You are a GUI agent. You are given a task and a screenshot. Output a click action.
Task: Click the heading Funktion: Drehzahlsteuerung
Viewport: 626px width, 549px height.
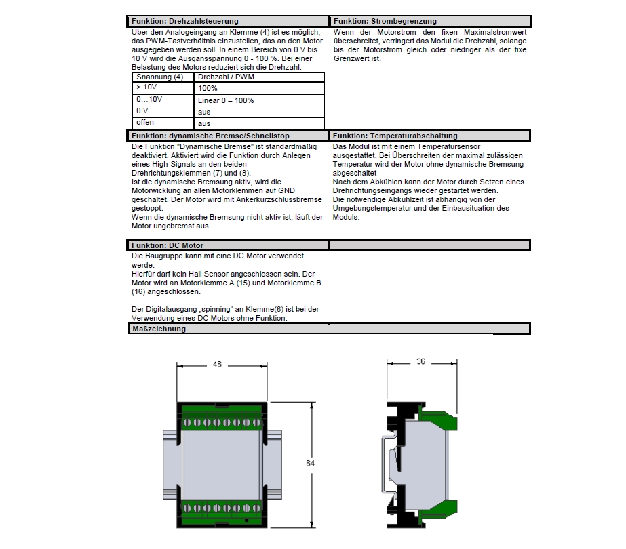pos(184,22)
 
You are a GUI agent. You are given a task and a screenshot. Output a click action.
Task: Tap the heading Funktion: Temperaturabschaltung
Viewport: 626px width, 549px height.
pos(395,136)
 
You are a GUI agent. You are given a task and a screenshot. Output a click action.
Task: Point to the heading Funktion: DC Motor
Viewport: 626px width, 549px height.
pos(167,245)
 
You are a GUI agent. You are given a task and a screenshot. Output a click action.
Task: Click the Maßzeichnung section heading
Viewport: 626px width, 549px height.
pos(158,329)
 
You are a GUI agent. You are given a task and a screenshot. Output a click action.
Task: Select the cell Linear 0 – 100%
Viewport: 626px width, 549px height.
pos(225,100)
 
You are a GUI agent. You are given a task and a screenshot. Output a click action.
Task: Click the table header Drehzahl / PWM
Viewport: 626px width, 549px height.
pos(220,77)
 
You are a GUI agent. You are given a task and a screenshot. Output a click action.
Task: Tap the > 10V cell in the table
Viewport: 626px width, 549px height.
pos(147,88)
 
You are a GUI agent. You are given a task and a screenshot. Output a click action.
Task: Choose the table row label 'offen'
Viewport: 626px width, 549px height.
pos(145,123)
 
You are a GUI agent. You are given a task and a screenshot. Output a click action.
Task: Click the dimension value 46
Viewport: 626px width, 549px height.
pos(217,365)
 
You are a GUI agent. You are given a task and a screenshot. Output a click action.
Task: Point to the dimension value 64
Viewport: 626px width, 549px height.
pos(311,464)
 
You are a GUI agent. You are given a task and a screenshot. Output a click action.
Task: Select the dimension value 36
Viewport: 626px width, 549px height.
pos(420,362)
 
